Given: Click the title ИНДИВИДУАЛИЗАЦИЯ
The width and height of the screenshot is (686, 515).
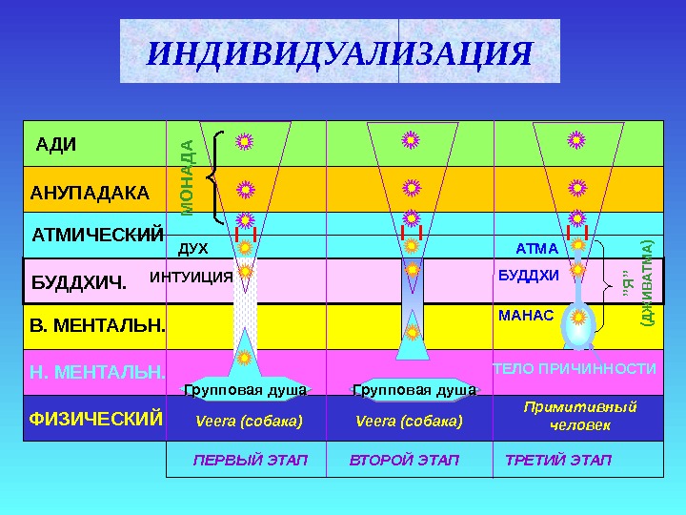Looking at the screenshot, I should coord(339,53).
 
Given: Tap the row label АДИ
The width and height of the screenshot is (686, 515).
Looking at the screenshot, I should coord(55,145).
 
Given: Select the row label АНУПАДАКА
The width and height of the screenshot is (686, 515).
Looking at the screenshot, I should coord(90,193).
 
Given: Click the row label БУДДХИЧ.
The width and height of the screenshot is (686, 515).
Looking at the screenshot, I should coord(79,282).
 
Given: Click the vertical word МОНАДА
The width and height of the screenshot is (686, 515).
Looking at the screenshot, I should coord(188,177).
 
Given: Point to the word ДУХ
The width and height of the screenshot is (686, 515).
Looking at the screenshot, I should coord(193,249).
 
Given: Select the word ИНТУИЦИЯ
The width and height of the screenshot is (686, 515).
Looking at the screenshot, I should coord(192,278).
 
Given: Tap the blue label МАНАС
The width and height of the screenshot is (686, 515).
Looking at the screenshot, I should coord(526,313).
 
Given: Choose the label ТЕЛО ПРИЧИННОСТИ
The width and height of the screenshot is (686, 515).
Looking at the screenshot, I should coord(574,368).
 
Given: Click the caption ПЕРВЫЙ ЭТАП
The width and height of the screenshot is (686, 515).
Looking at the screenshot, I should coord(251,461).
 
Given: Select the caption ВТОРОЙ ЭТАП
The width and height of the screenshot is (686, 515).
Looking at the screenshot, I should coord(404,461).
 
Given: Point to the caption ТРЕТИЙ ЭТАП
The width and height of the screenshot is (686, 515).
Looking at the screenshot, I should coord(557,461).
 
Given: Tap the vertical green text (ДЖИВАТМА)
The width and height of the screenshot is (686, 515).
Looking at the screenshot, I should coord(647,283).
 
